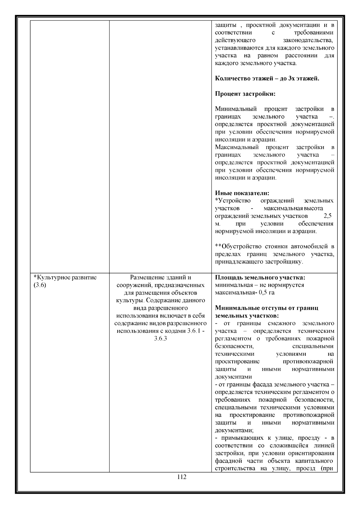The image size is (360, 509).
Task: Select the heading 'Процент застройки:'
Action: click(x=245, y=94)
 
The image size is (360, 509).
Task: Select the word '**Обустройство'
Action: click(x=238, y=247)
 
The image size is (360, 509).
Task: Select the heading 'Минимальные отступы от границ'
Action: click(x=267, y=308)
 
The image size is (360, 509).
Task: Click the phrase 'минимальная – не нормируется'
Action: click(x=259, y=285)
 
